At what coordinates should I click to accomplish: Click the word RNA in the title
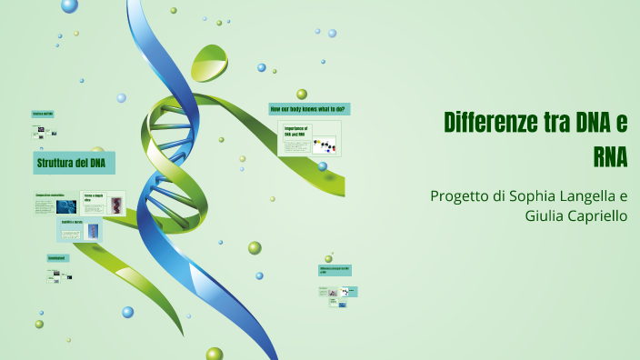(610, 156)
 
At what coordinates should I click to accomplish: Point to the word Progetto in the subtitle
(459, 196)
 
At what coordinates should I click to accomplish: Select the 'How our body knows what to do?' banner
(309, 109)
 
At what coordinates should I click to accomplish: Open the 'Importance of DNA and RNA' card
(309, 139)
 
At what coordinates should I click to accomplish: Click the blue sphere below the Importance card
(322, 166)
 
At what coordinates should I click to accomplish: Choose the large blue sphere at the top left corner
(69, 5)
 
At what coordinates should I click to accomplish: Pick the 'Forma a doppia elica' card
(103, 202)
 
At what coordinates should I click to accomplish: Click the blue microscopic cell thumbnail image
(65, 206)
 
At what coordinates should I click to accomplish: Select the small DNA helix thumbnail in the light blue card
(93, 231)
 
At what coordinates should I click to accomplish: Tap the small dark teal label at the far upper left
(43, 115)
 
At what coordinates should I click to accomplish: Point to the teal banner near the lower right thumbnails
(335, 271)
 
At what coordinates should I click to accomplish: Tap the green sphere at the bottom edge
(215, 354)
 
